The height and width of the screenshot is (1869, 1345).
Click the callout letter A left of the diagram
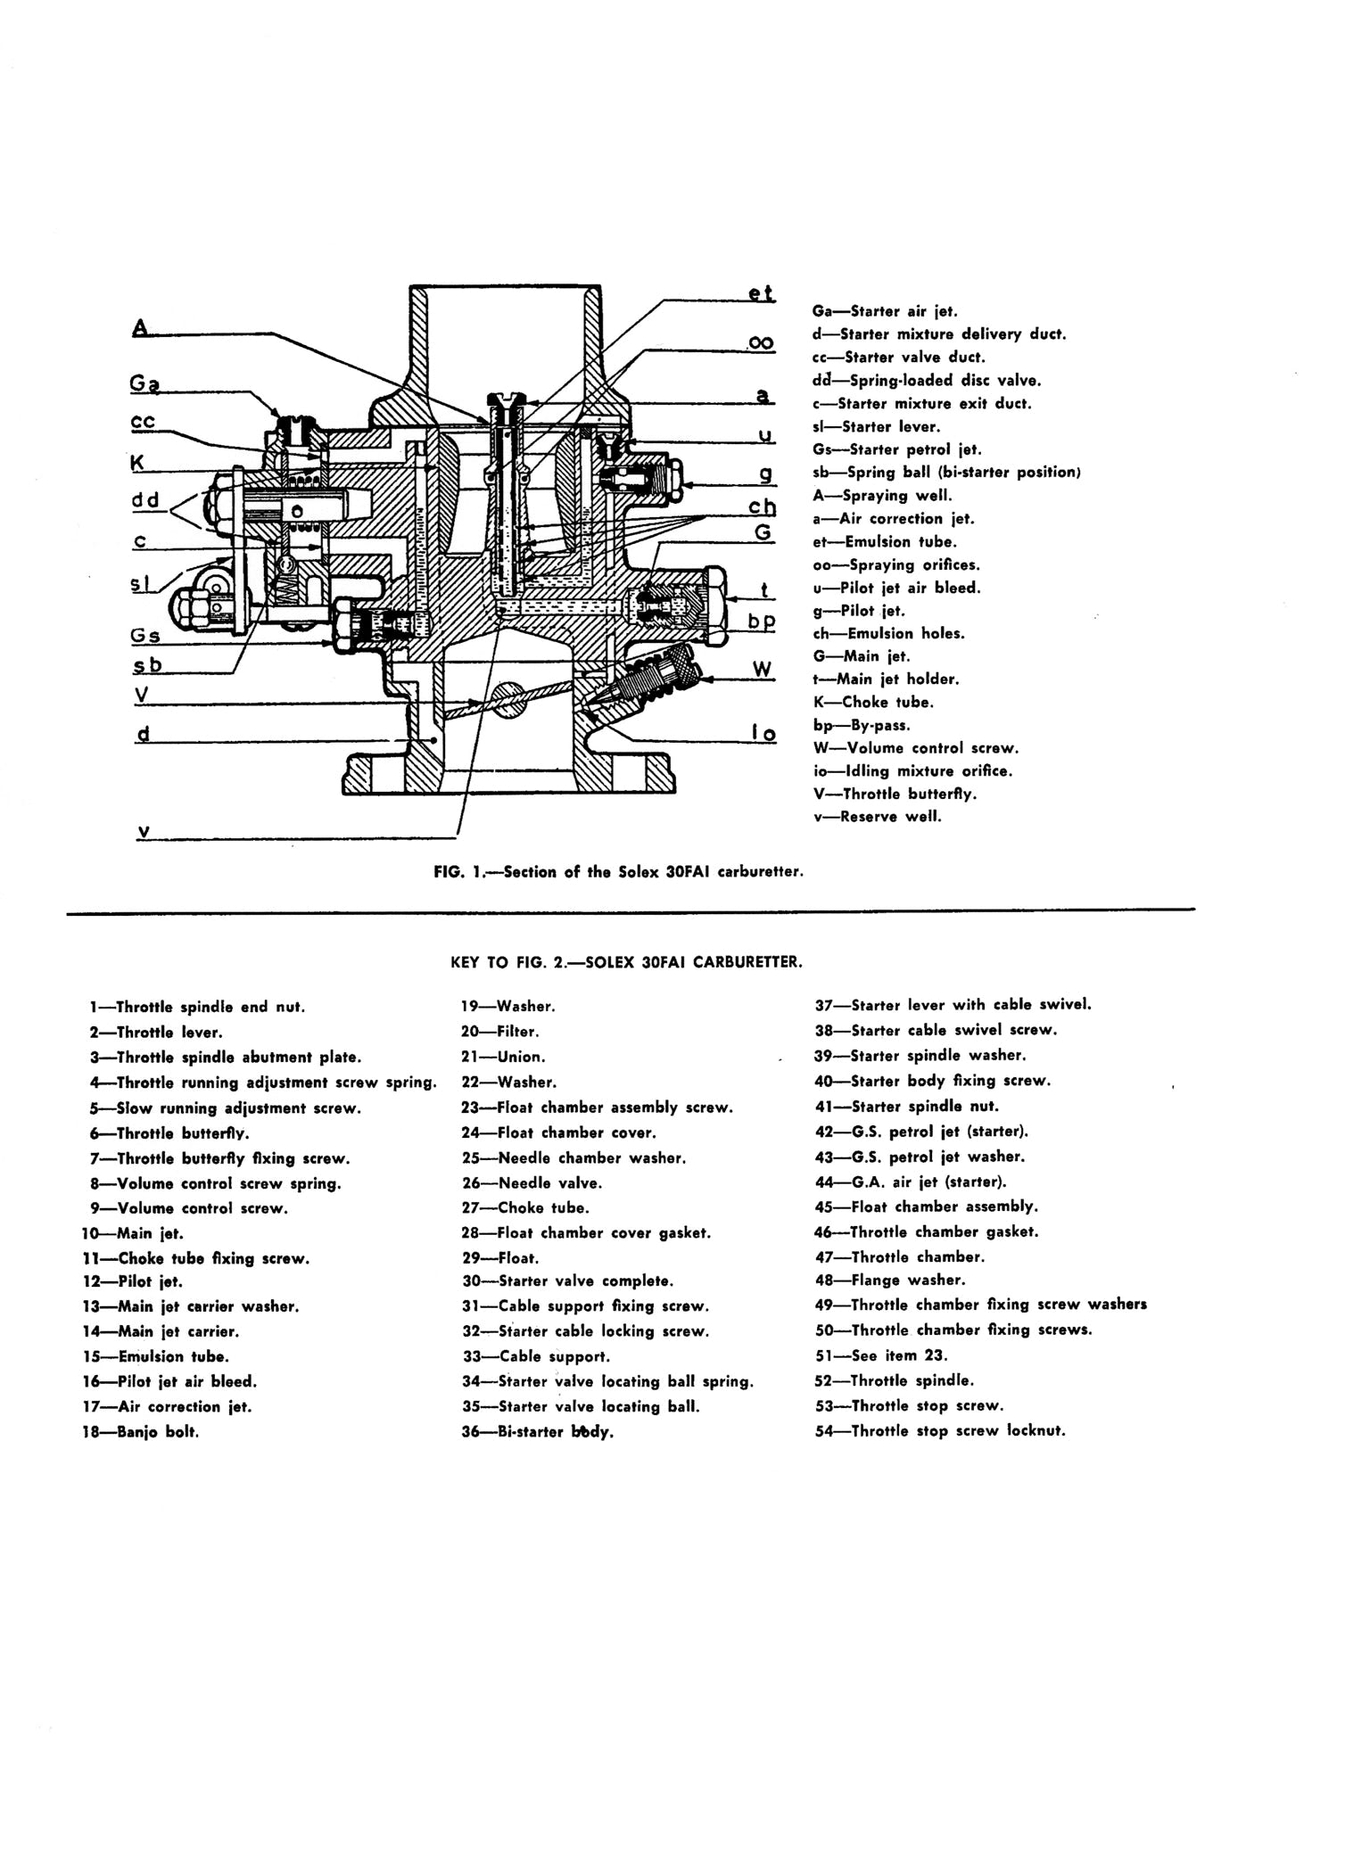click(139, 328)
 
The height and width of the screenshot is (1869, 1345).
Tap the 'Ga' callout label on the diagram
click(144, 384)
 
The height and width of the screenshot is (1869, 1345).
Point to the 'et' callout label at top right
click(761, 292)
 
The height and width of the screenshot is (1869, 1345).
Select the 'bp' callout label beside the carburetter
click(762, 621)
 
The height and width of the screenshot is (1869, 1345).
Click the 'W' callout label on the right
click(763, 669)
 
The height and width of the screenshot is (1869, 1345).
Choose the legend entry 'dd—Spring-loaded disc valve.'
click(926, 380)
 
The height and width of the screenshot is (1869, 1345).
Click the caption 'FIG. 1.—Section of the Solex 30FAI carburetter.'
click(618, 872)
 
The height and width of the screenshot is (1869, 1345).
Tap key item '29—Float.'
click(499, 1258)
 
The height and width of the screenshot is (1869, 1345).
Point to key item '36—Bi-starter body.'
click(538, 1432)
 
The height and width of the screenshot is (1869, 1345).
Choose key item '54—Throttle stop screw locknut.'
click(940, 1431)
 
